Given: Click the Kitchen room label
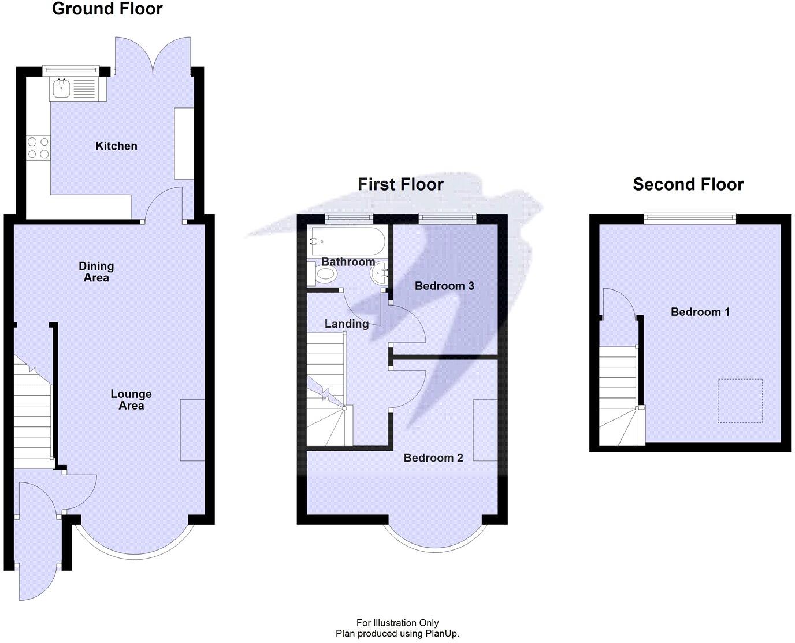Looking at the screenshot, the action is [x=116, y=146].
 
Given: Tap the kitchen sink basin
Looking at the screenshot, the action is [x=61, y=89].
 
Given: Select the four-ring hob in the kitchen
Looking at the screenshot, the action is [x=38, y=148].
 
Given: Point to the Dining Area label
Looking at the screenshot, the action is [x=96, y=272].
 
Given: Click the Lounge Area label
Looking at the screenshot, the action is [x=131, y=400].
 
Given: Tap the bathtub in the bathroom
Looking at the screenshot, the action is [x=348, y=241].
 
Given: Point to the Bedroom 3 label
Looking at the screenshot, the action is [x=444, y=286].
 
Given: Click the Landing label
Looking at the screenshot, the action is [x=346, y=324].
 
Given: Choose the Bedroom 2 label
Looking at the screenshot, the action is [x=433, y=458].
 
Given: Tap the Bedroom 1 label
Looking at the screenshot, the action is [x=700, y=311].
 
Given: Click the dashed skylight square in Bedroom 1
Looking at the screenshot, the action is [x=740, y=401].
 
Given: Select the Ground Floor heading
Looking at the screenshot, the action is [x=107, y=9].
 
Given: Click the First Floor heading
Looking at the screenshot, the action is [x=400, y=184].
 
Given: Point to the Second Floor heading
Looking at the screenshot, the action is [x=688, y=184].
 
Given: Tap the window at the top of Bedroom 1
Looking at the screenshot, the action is [x=690, y=218].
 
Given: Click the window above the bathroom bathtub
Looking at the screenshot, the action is [x=348, y=218].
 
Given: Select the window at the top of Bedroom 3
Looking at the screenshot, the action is [x=447, y=218].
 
